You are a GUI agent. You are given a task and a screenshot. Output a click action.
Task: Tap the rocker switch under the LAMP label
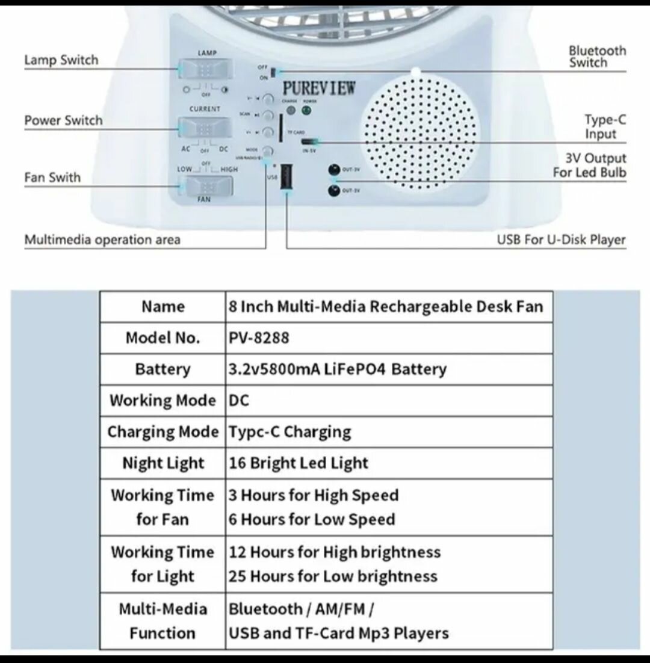click(x=204, y=69)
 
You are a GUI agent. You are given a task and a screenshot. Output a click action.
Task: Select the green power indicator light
click(x=307, y=111)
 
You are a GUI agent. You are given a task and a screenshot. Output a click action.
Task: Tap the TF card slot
click(x=282, y=129)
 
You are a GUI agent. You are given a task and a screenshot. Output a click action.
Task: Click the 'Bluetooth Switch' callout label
click(x=597, y=57)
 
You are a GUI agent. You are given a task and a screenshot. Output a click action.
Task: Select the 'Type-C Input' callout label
click(x=605, y=126)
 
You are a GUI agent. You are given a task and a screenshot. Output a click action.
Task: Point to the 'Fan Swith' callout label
click(x=52, y=177)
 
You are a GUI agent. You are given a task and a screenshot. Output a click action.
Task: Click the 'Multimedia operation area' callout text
click(x=102, y=240)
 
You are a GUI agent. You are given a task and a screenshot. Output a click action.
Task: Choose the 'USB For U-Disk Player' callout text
click(x=561, y=240)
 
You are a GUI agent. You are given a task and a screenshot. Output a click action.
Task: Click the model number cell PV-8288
click(x=259, y=338)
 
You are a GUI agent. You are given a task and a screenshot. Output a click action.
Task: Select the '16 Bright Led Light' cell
click(x=298, y=463)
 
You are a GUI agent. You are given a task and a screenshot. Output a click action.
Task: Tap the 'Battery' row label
click(x=162, y=369)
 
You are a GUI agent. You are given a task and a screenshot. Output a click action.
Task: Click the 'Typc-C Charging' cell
click(x=289, y=432)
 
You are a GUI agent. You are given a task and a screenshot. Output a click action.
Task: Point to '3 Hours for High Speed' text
click(x=314, y=495)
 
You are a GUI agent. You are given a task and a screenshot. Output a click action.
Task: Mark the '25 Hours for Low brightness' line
click(x=333, y=576)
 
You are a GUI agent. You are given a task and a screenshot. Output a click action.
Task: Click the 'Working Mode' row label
click(x=162, y=401)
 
